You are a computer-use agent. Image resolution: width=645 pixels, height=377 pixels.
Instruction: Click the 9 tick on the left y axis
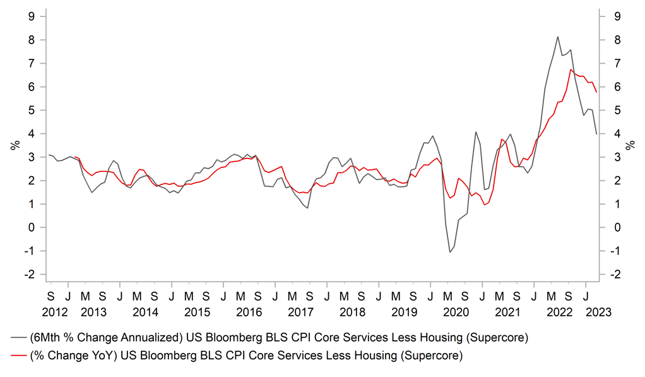click(x=30, y=16)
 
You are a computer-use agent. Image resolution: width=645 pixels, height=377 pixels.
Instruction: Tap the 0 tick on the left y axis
click(x=30, y=228)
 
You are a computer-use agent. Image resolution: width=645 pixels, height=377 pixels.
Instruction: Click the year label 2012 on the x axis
click(x=54, y=312)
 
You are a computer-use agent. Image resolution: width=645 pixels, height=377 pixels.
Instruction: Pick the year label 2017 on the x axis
click(x=300, y=312)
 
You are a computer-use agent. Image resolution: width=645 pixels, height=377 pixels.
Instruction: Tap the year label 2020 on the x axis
click(x=456, y=312)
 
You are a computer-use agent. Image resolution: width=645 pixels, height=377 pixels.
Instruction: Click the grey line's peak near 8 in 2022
click(x=558, y=37)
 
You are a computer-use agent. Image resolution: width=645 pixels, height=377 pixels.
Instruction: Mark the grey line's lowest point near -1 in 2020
click(x=450, y=253)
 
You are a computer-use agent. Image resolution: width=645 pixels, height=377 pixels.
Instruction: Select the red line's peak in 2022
click(x=571, y=69)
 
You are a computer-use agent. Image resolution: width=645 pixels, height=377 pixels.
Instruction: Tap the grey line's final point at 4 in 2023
click(x=597, y=134)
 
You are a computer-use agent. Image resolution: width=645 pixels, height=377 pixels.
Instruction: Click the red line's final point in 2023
click(x=596, y=93)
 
